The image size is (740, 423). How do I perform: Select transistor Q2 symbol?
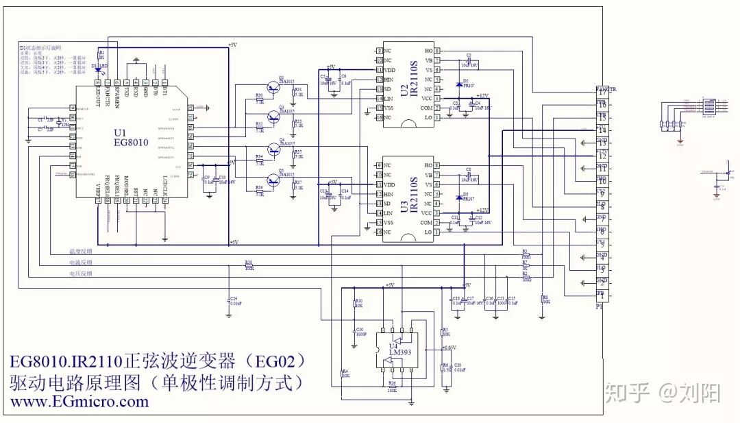click(x=274, y=117)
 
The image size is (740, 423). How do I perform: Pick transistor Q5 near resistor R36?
click(x=274, y=180)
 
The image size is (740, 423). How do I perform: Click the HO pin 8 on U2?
click(x=436, y=51)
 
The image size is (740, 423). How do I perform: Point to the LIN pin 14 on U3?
click(x=378, y=213)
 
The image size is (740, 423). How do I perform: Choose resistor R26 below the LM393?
click(x=392, y=386)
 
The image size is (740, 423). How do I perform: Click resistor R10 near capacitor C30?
click(x=356, y=304)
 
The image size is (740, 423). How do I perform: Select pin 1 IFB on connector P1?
click(x=602, y=294)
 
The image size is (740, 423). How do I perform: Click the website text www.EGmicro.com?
click(x=79, y=402)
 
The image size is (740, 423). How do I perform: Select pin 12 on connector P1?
click(x=602, y=156)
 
